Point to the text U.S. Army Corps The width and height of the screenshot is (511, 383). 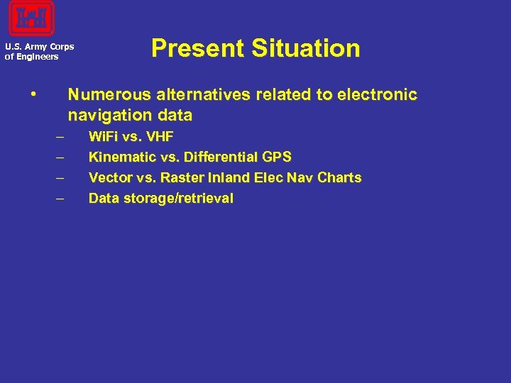tap(39, 48)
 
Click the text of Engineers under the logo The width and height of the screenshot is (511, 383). tap(32, 57)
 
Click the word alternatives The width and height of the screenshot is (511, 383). tap(189, 95)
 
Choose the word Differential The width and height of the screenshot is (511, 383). tap(220, 157)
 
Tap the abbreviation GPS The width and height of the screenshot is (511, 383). tap(277, 157)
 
